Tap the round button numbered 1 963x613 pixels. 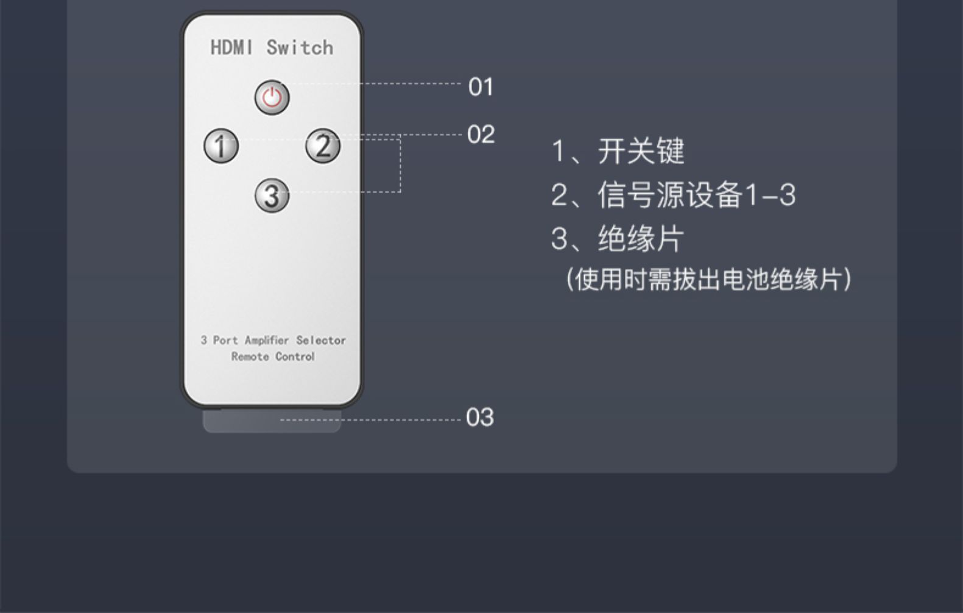tap(221, 146)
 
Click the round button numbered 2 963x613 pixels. tap(323, 146)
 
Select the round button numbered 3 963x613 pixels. tap(272, 196)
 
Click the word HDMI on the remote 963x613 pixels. tap(231, 48)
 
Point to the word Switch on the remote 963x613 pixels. tap(300, 48)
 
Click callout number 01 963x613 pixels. tap(481, 87)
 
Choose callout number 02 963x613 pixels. tap(481, 135)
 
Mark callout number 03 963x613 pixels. tap(479, 417)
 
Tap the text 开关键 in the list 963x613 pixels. tap(641, 151)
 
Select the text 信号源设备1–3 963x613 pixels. tap(696, 195)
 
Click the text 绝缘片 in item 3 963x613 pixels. tap(641, 238)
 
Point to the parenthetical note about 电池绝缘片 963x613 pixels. tap(708, 280)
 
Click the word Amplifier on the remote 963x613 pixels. tap(267, 340)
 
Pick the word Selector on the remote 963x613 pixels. tap(321, 340)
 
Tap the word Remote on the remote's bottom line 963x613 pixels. tap(250, 356)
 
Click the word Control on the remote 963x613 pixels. tap(295, 356)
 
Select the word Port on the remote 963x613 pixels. tap(225, 340)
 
